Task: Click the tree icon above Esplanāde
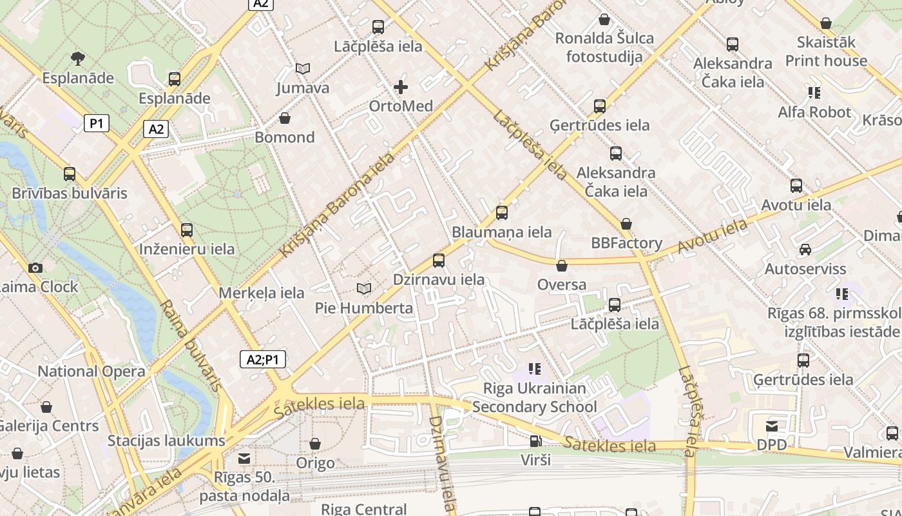78,59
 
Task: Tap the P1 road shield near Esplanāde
96,123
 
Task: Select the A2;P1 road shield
263,359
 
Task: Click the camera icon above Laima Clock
35,268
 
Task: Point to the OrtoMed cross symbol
401,86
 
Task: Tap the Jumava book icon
303,68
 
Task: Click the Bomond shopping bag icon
285,118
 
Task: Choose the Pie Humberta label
364,308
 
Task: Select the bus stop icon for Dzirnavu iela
439,260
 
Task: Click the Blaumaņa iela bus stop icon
502,212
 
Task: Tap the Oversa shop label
562,284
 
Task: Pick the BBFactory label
627,243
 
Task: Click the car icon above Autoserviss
805,249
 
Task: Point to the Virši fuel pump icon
535,441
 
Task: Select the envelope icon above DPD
772,426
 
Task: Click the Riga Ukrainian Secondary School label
535,397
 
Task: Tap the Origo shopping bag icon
315,444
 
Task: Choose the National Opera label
91,371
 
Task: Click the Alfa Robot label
814,112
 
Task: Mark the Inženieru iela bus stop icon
187,230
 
